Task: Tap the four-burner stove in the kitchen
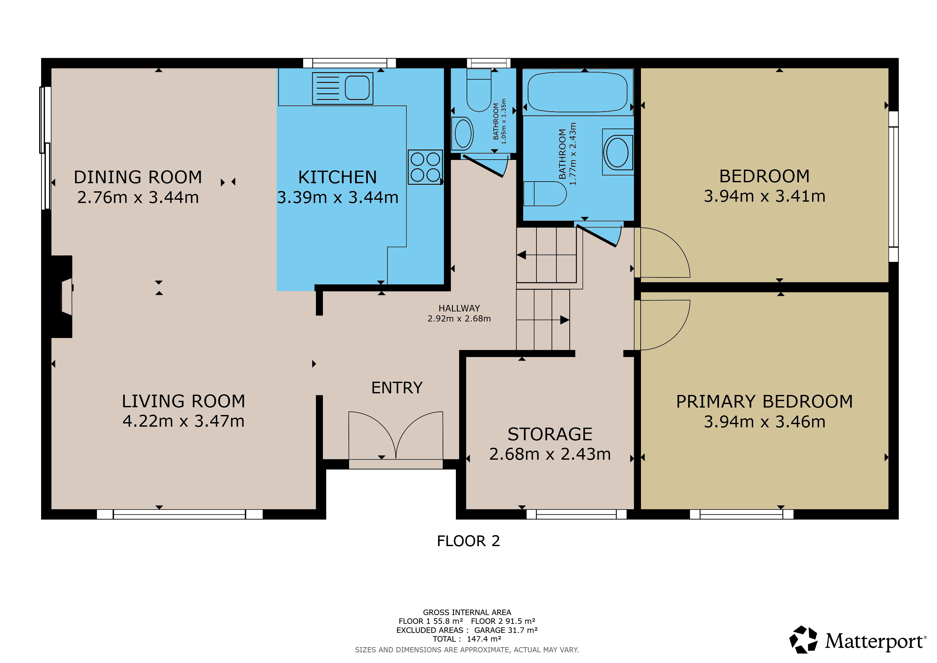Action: point(425,167)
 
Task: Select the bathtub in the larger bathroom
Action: point(578,92)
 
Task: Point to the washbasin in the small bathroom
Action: point(463,133)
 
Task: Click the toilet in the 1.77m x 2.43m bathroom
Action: point(545,194)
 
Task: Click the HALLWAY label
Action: point(459,308)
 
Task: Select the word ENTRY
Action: point(397,388)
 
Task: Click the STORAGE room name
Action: point(550,434)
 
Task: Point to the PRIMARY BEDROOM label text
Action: point(764,402)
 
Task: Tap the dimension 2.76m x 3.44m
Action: point(138,197)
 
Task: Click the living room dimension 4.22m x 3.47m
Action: point(184,421)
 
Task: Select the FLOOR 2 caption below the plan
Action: point(468,541)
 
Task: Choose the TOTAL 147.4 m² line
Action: point(467,639)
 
